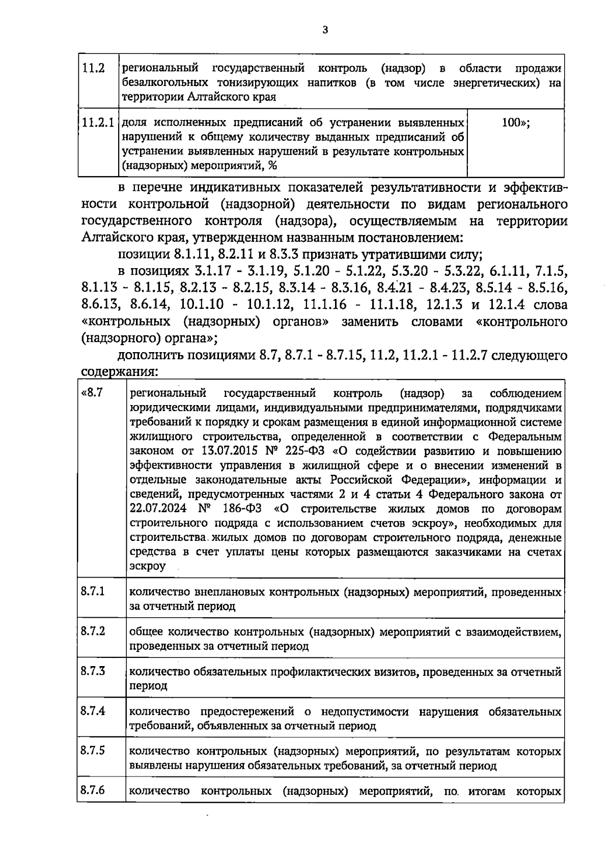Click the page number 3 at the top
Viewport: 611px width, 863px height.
(325, 30)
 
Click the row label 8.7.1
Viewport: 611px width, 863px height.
(93, 591)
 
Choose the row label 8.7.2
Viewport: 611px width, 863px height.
(93, 631)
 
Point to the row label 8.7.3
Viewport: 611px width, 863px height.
(93, 671)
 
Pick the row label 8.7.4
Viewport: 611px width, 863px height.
(93, 710)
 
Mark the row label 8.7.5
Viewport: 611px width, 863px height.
(93, 750)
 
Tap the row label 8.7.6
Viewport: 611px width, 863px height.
(93, 790)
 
